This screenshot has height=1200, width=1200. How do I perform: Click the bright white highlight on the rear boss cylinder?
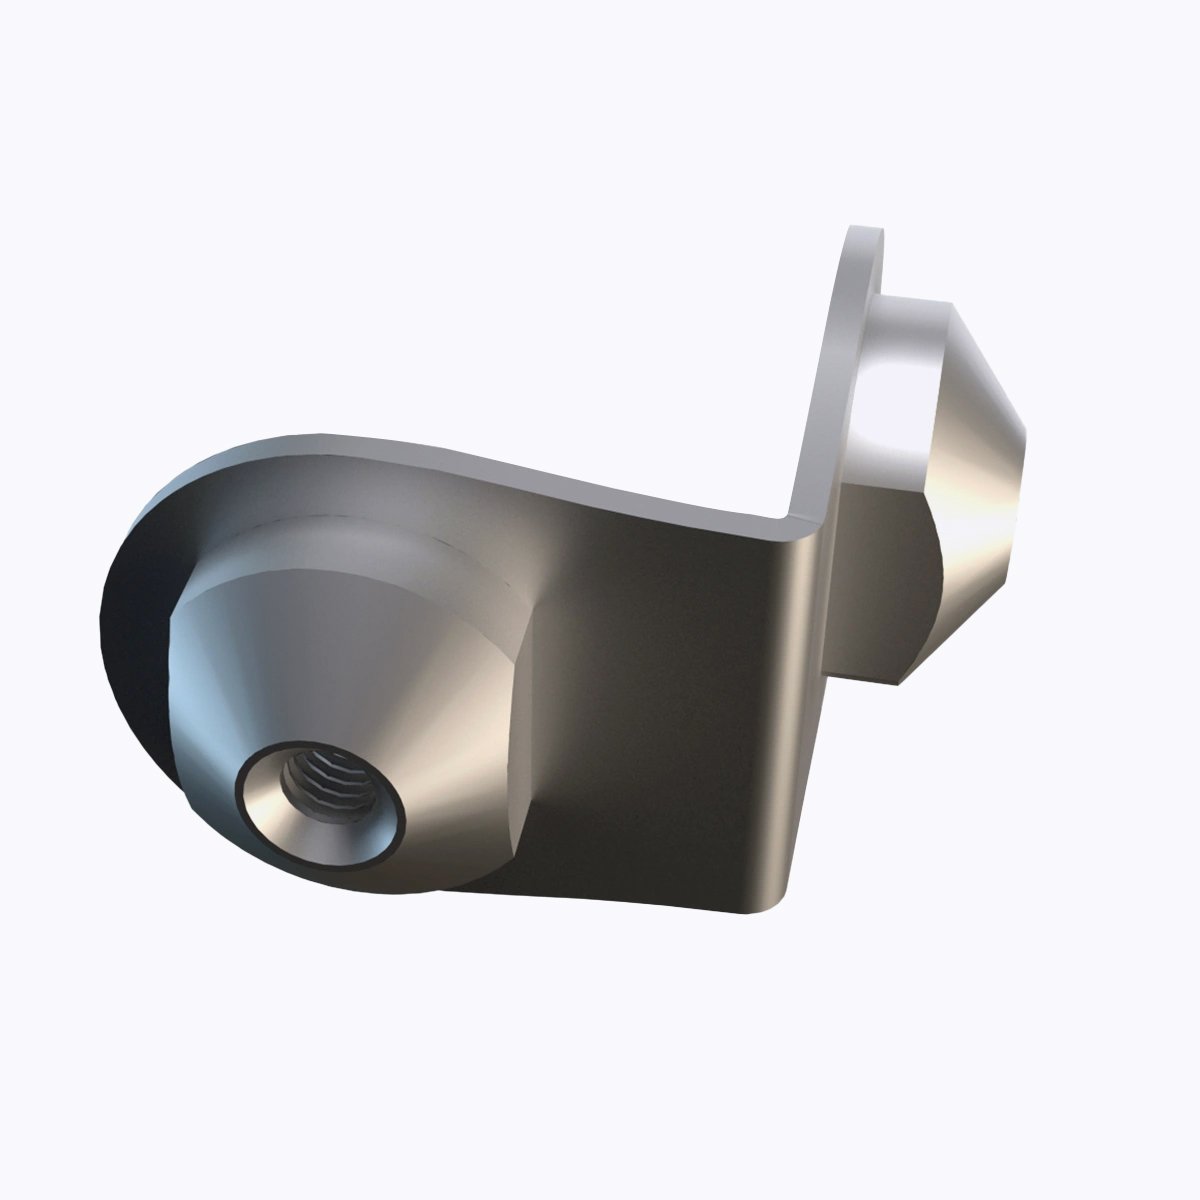click(885, 390)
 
